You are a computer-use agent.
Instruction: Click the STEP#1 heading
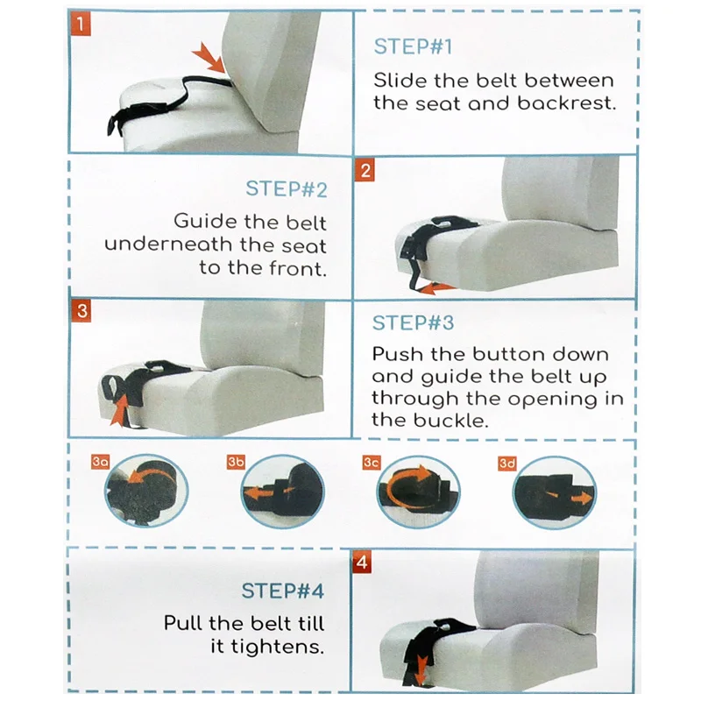[x=413, y=46]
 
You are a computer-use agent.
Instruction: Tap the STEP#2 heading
[x=287, y=188]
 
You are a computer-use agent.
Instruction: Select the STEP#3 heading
[x=413, y=322]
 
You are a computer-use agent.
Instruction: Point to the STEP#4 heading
[x=282, y=591]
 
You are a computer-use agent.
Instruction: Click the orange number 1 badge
[x=81, y=23]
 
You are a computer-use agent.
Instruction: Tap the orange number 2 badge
[x=365, y=170]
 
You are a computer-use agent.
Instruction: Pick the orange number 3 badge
[x=81, y=310]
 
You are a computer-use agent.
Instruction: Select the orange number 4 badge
[x=362, y=562]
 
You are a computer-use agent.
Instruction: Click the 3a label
[x=100, y=462]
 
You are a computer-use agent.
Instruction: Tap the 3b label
[x=236, y=462]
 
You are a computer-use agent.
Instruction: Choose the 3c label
[x=372, y=463]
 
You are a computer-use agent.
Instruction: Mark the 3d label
[x=507, y=464]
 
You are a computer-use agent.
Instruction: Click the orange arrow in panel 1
[x=210, y=58]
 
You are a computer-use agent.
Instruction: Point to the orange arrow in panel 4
[x=420, y=668]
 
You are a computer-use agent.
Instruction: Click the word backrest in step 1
[x=566, y=103]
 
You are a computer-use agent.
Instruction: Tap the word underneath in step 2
[x=168, y=244]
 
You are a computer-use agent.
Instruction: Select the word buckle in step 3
[x=450, y=420]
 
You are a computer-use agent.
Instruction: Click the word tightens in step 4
[x=277, y=647]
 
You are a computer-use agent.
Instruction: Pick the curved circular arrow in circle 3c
[x=405, y=490]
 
